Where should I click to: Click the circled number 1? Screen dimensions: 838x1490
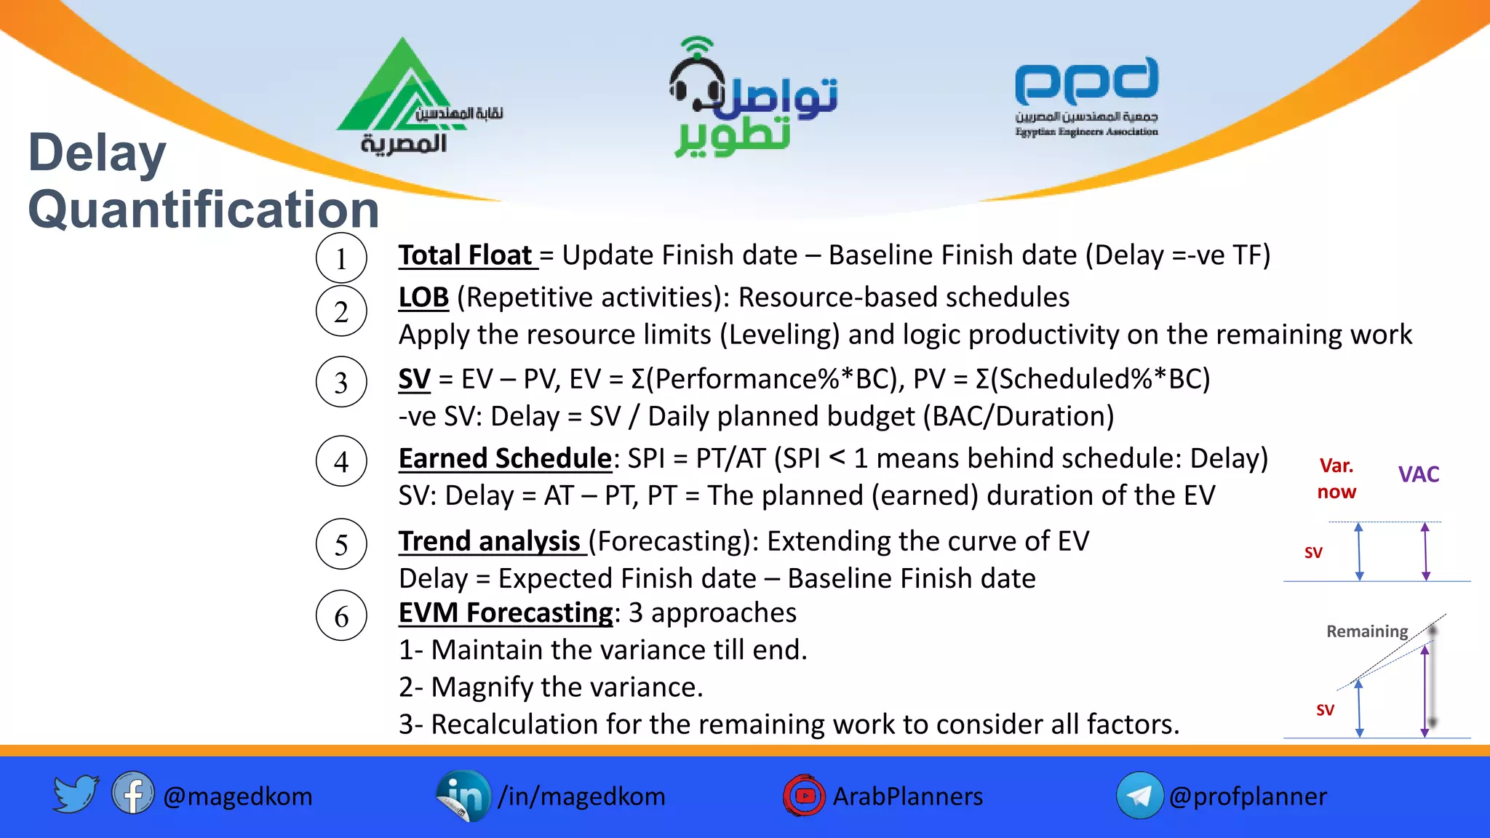pos(341,258)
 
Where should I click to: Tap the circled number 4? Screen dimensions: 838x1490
pos(341,461)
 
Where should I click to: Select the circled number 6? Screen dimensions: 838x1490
pos(341,616)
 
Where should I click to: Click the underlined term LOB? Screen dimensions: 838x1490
pos(423,298)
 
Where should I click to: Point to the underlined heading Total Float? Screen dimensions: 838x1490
pos(466,255)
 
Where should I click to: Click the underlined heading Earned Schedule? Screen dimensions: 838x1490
pos(505,458)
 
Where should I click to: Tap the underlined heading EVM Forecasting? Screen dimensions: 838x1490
pos(506,612)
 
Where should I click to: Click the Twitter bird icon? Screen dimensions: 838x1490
pos(76,794)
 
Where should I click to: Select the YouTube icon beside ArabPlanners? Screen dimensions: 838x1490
pos(804,796)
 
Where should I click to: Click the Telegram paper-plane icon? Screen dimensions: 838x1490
pos(1139,796)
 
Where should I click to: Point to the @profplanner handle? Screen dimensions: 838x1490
pos(1248,797)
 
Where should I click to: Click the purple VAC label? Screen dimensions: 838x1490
pos(1418,474)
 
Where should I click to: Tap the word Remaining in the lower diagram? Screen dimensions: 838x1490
pos(1366,631)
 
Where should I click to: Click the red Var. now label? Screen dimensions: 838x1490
pos(1336,479)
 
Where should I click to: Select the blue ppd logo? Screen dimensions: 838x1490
pos(1086,81)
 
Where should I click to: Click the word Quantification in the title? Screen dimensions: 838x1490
pos(204,209)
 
